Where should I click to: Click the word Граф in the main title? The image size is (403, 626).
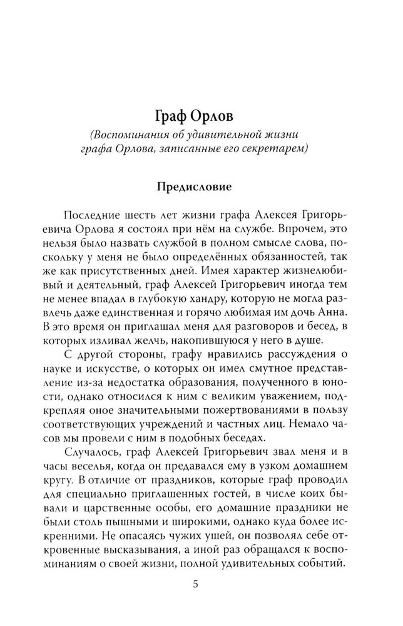[171, 119]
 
